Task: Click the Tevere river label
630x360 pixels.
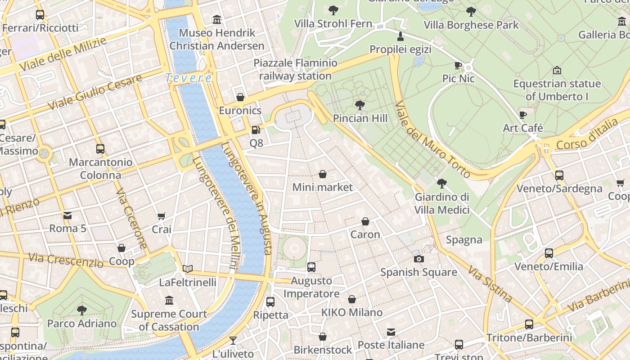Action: point(188,78)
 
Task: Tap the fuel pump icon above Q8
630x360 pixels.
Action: point(256,130)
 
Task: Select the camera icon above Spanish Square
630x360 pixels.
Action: point(418,259)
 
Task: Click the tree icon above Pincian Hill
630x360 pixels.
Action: point(360,105)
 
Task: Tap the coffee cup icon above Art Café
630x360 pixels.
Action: point(523,115)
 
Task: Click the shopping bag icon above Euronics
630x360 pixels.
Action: point(240,97)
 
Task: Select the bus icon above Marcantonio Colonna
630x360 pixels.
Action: point(100,149)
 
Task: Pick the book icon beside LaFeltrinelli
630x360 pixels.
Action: point(188,269)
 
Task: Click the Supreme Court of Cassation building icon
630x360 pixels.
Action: point(169,300)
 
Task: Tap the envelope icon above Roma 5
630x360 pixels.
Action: point(67,216)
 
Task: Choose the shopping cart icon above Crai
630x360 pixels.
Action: point(162,216)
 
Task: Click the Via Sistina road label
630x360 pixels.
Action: point(490,284)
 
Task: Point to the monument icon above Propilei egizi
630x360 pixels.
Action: point(400,36)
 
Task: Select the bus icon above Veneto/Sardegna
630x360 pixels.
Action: point(559,175)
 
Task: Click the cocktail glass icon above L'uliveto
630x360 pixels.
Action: point(233,340)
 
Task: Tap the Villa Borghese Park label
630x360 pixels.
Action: point(471,25)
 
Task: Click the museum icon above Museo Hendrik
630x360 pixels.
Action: point(217,19)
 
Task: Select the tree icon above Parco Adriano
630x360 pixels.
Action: point(81,310)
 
